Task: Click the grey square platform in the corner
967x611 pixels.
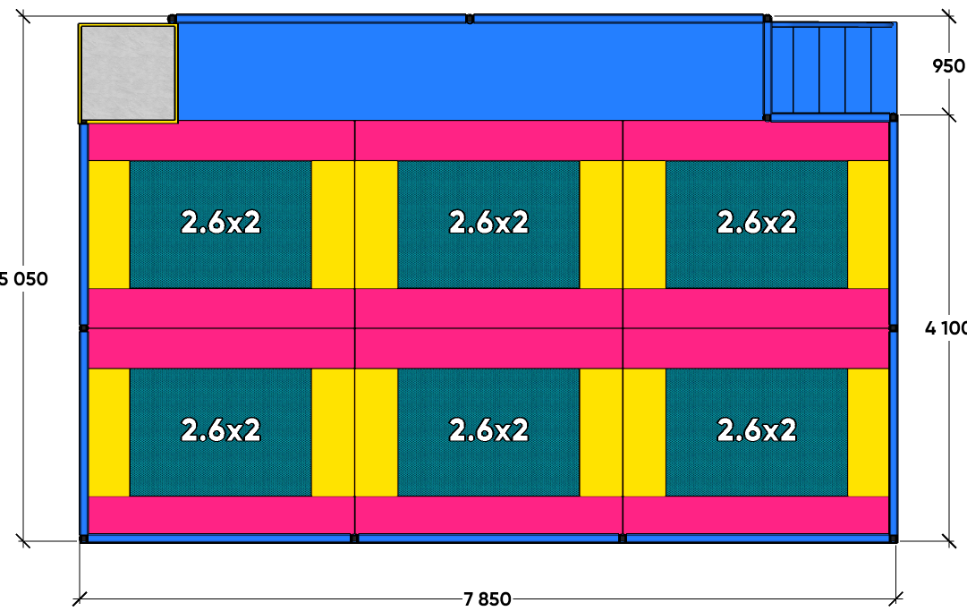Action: pos(128,73)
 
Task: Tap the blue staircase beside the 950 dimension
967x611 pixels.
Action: pos(830,70)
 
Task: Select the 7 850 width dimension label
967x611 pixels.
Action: pos(488,598)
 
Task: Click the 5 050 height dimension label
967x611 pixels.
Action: pos(23,279)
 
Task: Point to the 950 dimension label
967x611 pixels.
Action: pos(948,66)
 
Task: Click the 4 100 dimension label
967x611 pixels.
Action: pos(946,328)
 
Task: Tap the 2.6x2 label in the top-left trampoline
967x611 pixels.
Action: pos(221,223)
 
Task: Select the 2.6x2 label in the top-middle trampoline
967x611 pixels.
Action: pos(488,223)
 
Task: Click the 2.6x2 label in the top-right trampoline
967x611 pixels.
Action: pos(757,223)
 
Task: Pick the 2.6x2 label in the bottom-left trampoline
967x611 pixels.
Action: pos(221,430)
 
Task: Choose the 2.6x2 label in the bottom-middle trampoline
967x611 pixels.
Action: pos(488,430)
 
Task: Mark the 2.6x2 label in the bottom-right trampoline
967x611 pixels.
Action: pos(757,430)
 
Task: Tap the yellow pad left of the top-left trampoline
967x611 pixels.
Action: pos(109,225)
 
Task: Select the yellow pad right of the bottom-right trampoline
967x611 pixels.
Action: pos(869,432)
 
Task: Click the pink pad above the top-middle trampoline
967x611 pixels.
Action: pos(488,140)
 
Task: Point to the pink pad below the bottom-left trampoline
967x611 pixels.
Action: pos(221,514)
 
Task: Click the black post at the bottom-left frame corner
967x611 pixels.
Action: pos(84,539)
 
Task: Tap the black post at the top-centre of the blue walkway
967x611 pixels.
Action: pos(470,19)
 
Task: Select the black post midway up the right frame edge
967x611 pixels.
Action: pos(893,328)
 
